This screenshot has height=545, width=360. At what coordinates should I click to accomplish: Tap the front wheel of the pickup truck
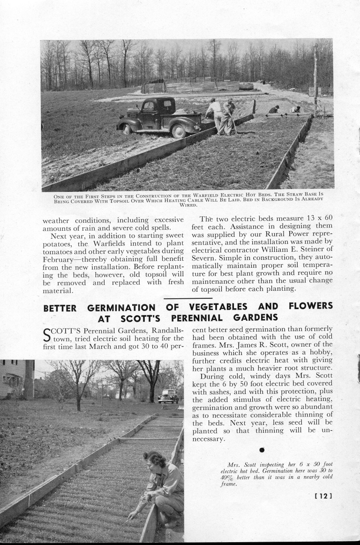click(x=178, y=131)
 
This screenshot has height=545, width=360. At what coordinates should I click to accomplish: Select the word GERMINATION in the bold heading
click(x=121, y=308)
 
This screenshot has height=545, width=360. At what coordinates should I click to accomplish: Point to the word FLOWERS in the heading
click(x=310, y=306)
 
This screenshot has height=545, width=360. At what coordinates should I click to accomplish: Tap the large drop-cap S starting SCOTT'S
click(x=47, y=334)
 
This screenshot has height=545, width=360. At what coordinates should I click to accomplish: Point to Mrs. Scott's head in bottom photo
click(x=154, y=460)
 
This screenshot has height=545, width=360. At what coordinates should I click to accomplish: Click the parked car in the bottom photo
click(x=168, y=397)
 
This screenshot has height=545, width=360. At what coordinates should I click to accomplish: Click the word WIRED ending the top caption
click(x=188, y=205)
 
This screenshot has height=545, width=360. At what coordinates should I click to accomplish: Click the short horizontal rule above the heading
click(x=188, y=298)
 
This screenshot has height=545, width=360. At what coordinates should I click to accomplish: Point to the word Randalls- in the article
click(x=165, y=330)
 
